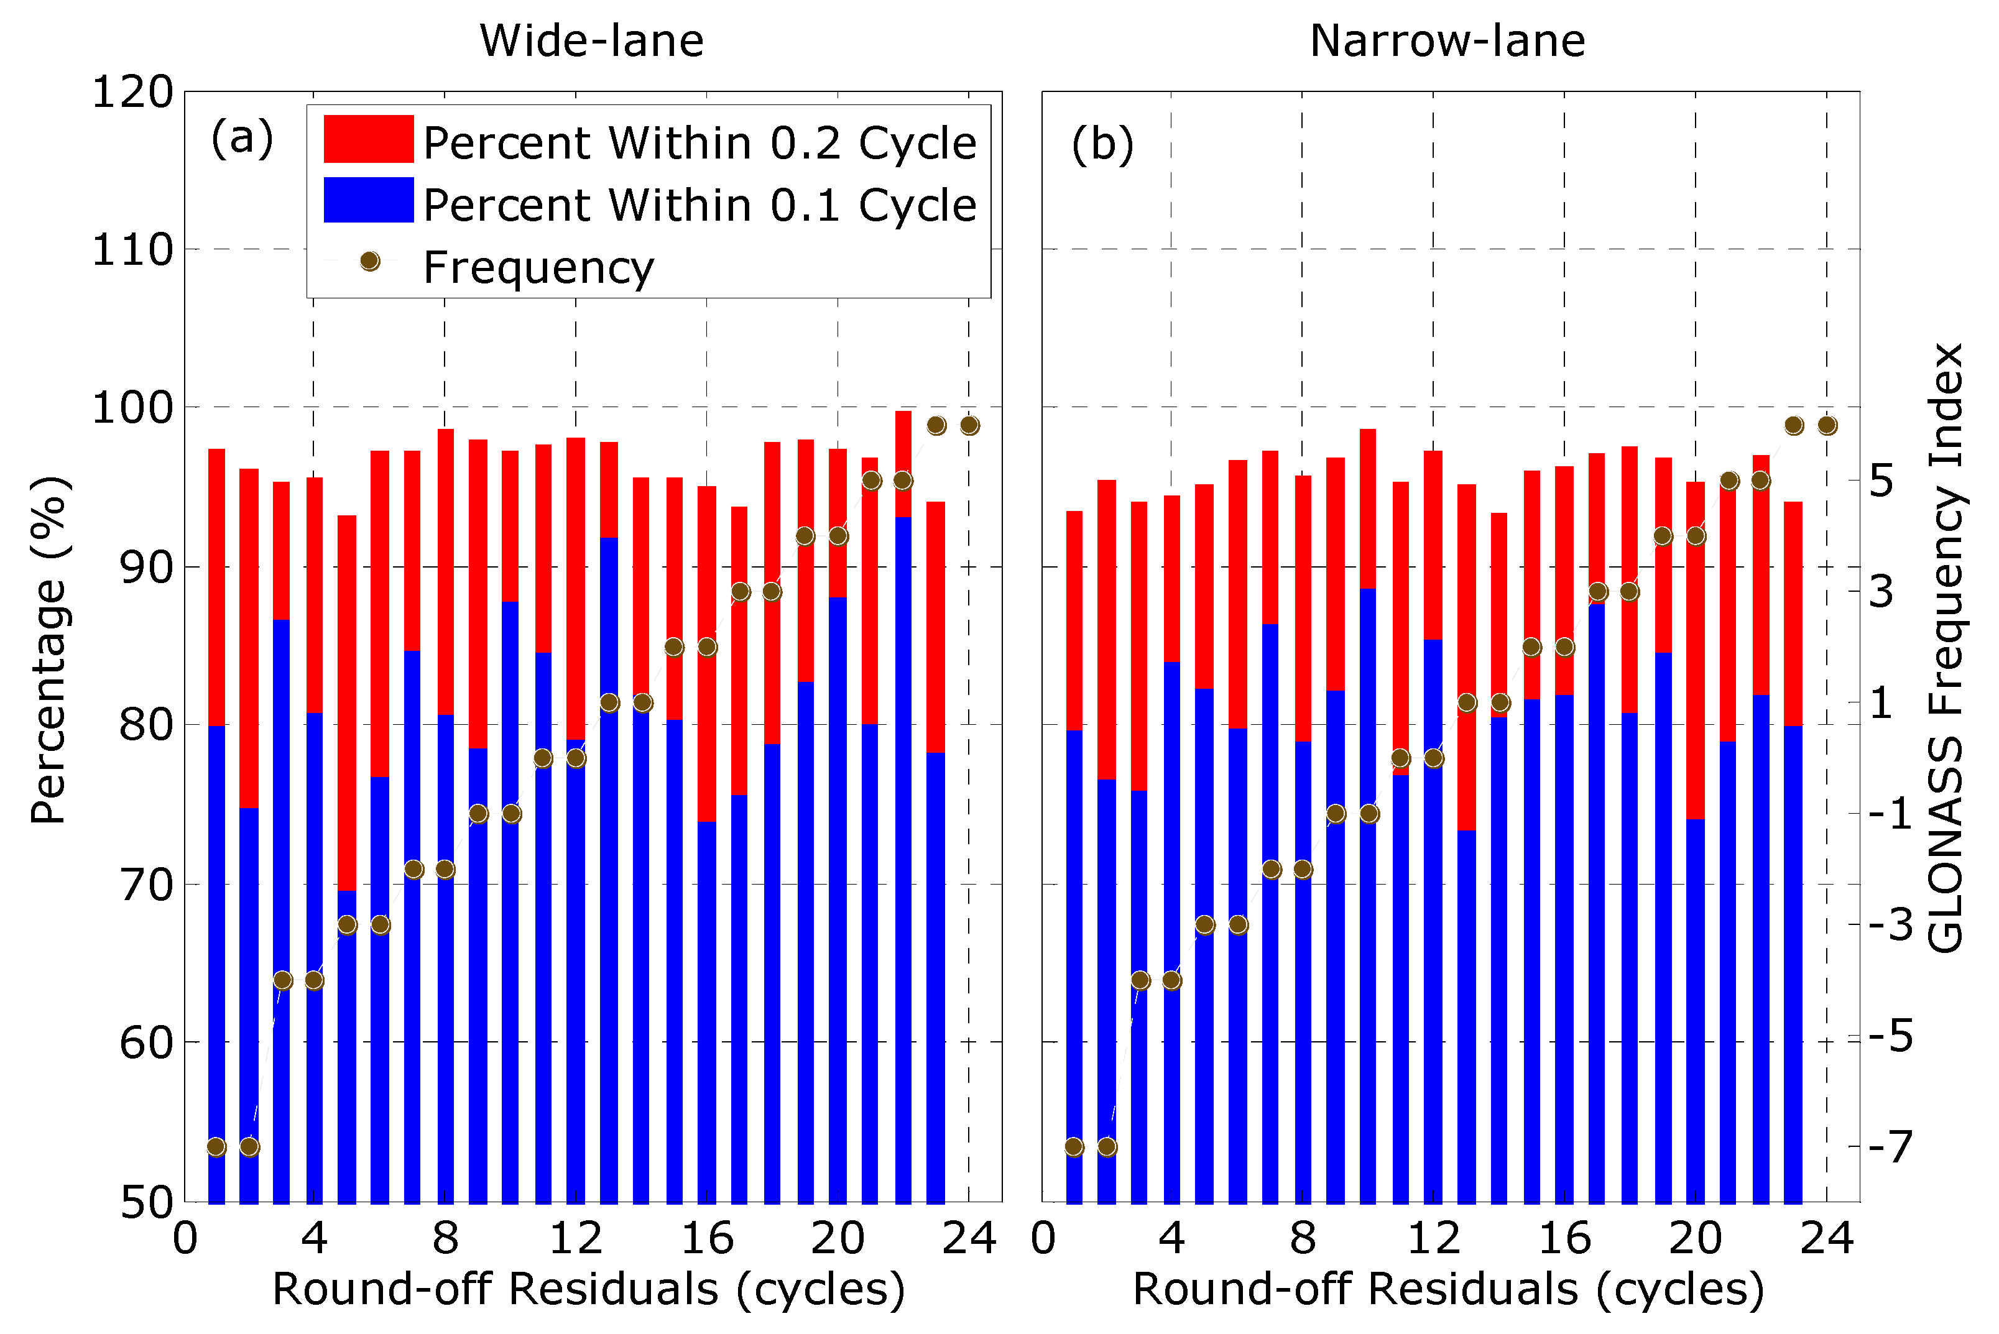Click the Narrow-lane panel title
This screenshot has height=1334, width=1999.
[x=1447, y=41]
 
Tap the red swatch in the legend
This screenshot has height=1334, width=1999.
[x=369, y=139]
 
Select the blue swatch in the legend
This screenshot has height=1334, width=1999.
[x=369, y=200]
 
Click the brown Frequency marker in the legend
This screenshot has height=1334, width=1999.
[x=369, y=261]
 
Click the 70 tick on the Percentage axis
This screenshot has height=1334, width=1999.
[x=146, y=885]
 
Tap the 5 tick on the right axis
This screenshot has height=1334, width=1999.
[x=1881, y=482]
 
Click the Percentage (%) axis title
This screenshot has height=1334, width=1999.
[x=48, y=650]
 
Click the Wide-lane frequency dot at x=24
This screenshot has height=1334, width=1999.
[x=969, y=425]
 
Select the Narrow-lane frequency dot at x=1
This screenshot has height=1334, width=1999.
[x=1074, y=1147]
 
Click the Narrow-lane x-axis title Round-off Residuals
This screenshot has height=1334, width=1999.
[x=1447, y=1289]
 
